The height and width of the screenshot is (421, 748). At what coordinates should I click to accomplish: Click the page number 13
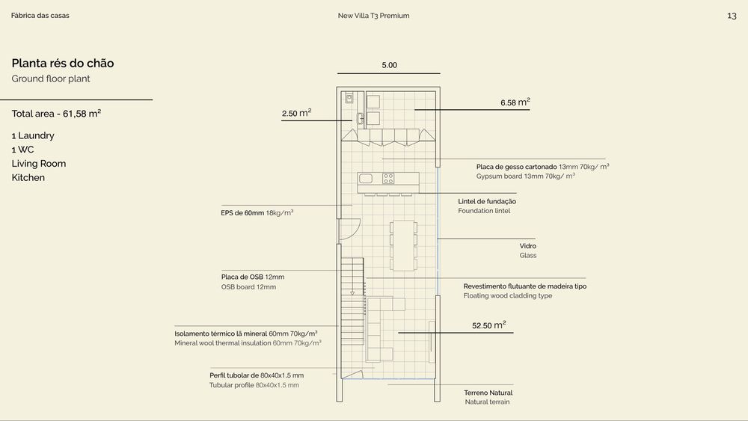coord(732,16)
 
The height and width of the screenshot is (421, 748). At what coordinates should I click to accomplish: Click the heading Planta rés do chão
coord(63,63)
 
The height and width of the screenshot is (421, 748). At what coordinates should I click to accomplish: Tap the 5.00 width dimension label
coord(389,65)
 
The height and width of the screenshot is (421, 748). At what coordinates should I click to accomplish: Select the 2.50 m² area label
coord(296,112)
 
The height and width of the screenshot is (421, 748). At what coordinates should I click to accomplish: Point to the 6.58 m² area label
coord(515,102)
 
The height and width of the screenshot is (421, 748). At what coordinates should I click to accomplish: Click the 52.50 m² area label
coord(489,325)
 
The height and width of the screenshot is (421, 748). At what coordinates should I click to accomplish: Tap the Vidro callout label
coord(527,246)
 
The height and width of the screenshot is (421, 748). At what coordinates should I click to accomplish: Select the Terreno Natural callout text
coord(488,393)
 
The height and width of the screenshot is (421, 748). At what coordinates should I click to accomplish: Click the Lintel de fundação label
coord(487,201)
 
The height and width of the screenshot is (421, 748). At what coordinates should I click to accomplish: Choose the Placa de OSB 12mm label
coord(252,277)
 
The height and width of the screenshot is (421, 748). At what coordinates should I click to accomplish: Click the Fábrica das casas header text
coord(40,15)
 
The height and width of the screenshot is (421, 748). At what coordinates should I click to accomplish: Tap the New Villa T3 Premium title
coord(373,15)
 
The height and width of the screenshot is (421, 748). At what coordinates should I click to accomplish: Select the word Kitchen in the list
coord(28,177)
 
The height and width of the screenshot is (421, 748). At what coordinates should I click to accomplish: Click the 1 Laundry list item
coord(33,135)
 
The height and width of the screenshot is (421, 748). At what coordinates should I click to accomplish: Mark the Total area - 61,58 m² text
coord(56,114)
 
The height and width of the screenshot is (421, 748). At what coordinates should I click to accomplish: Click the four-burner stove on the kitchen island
coord(388,178)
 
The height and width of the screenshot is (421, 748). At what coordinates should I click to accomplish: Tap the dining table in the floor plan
coord(403,245)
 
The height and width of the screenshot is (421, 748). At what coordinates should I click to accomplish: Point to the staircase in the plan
coord(352,301)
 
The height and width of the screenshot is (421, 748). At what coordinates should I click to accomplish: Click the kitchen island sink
coord(366,178)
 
